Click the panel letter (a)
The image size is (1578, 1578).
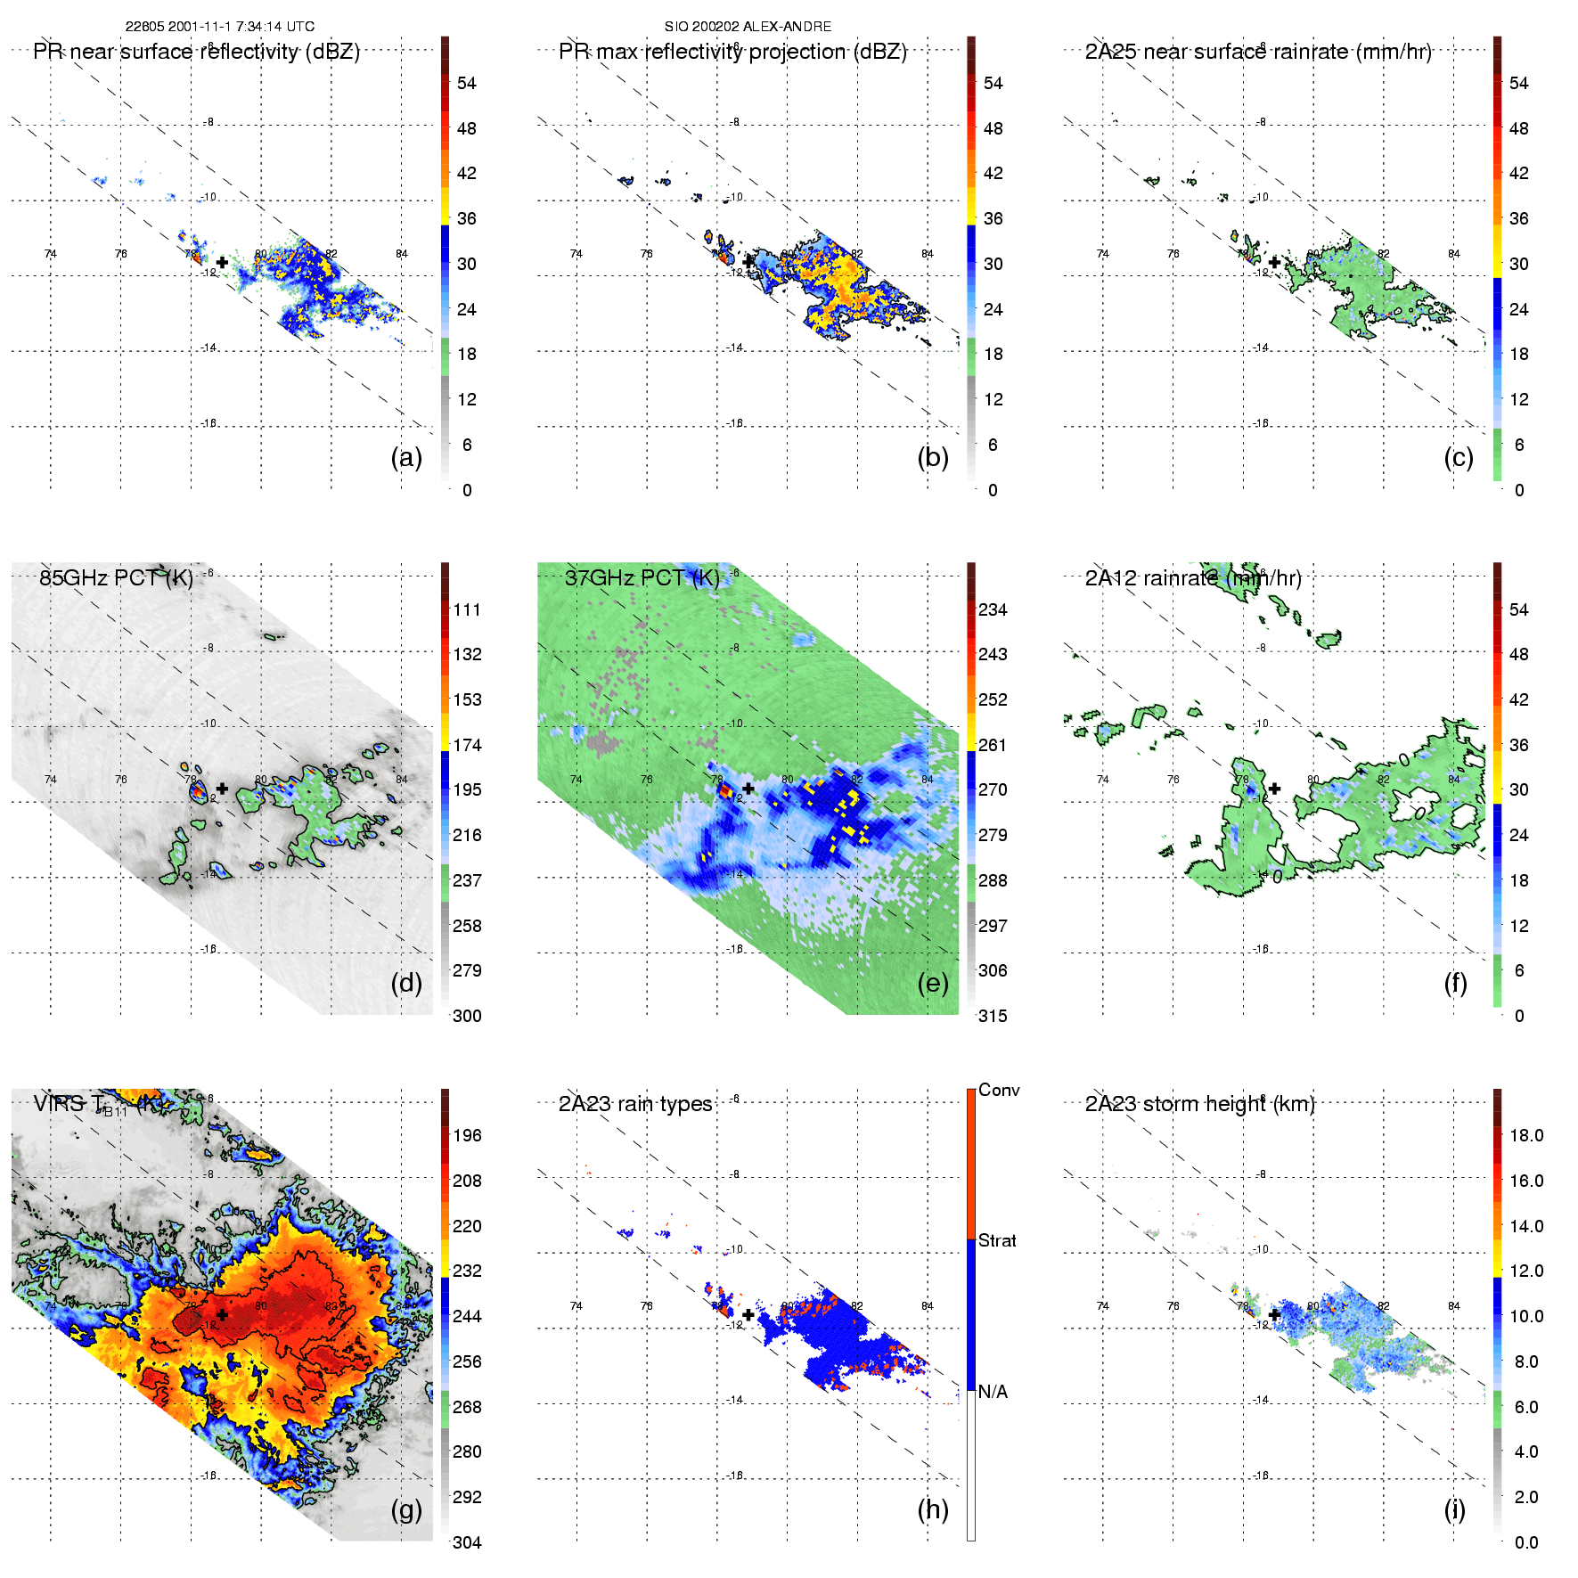pos(406,458)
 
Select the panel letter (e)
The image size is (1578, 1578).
pos(933,984)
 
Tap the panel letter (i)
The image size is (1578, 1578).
pos(1454,1510)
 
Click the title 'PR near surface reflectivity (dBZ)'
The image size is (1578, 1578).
pos(196,52)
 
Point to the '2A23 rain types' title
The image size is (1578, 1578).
pos(635,1104)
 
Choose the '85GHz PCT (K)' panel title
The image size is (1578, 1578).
pos(116,577)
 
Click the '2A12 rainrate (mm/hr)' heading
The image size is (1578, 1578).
pos(1193,577)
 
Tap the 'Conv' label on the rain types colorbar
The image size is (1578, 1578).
pos(999,1090)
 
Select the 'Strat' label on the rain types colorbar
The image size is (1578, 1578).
pos(997,1240)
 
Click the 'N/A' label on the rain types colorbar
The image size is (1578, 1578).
pos(993,1392)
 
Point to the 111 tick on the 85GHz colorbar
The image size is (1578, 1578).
pos(467,609)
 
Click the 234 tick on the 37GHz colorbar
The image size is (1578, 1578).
pos(993,609)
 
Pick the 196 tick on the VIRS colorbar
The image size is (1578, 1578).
pos(467,1135)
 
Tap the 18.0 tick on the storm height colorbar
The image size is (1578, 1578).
pos(1526,1135)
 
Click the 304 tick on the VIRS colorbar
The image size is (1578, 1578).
pos(467,1542)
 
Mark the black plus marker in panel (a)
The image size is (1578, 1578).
pos(222,262)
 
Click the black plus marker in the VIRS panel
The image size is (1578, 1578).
pos(222,1314)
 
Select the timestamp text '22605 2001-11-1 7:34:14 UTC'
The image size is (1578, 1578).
pos(219,27)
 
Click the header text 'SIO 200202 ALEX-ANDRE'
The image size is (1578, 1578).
pos(748,27)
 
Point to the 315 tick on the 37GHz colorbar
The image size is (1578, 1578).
pos(993,1016)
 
